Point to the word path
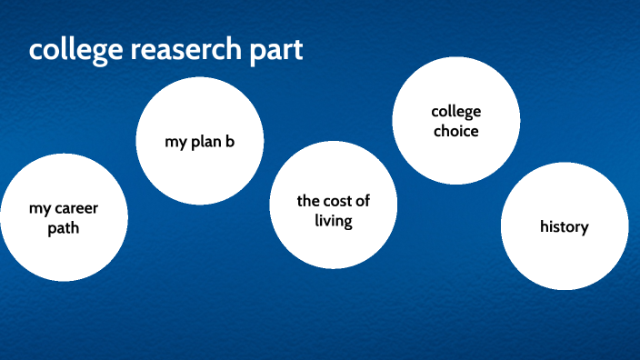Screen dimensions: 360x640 [x=64, y=228]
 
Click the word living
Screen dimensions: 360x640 [x=334, y=221]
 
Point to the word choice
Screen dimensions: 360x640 [x=455, y=131]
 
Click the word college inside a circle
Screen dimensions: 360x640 [x=455, y=112]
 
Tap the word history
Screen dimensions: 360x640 [x=564, y=226]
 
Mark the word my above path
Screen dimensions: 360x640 [x=39, y=209]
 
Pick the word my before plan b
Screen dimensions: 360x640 [x=175, y=142]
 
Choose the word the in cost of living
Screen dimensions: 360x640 [x=308, y=201]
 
